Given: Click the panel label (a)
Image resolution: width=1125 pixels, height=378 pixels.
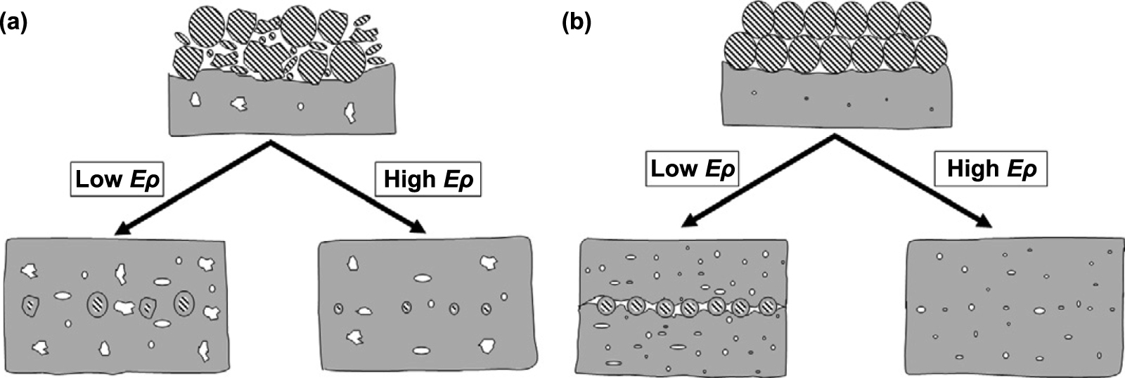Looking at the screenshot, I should tap(14, 23).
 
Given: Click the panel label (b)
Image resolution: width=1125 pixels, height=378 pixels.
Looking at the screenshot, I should tap(576, 23).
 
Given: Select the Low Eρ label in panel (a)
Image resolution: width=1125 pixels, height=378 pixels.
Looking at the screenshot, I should tap(117, 179).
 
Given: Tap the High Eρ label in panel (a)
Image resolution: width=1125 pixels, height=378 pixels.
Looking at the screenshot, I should tap(428, 179).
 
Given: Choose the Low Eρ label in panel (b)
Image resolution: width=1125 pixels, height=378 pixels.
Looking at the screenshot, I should tap(692, 169).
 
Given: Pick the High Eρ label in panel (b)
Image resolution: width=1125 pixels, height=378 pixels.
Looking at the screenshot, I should tap(991, 169).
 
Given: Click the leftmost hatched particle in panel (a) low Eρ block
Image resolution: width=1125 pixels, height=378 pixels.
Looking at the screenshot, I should tap(30, 304).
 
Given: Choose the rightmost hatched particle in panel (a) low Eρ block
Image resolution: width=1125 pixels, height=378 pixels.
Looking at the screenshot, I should tap(184, 303).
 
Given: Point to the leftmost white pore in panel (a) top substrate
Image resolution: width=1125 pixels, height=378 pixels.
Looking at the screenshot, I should tap(195, 100).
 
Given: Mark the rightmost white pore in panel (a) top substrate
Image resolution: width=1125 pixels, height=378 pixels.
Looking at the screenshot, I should tap(349, 112).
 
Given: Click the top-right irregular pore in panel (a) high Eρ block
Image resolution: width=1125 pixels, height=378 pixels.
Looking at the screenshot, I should tap(489, 263).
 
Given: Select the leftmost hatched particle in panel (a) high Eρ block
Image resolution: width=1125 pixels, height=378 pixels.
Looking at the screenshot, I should tap(338, 308).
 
